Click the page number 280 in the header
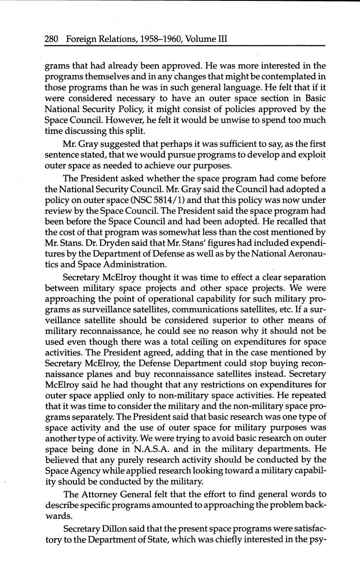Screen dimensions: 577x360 [x=51, y=39]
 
